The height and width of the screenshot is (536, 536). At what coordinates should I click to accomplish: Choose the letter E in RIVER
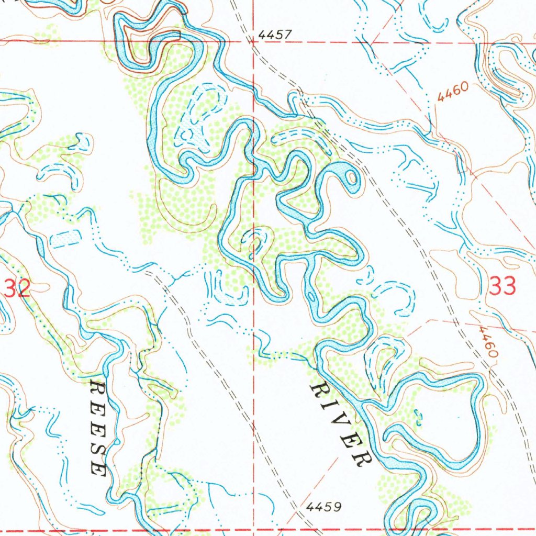click(348, 441)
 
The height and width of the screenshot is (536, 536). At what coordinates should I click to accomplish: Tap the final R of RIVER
click(360, 459)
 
